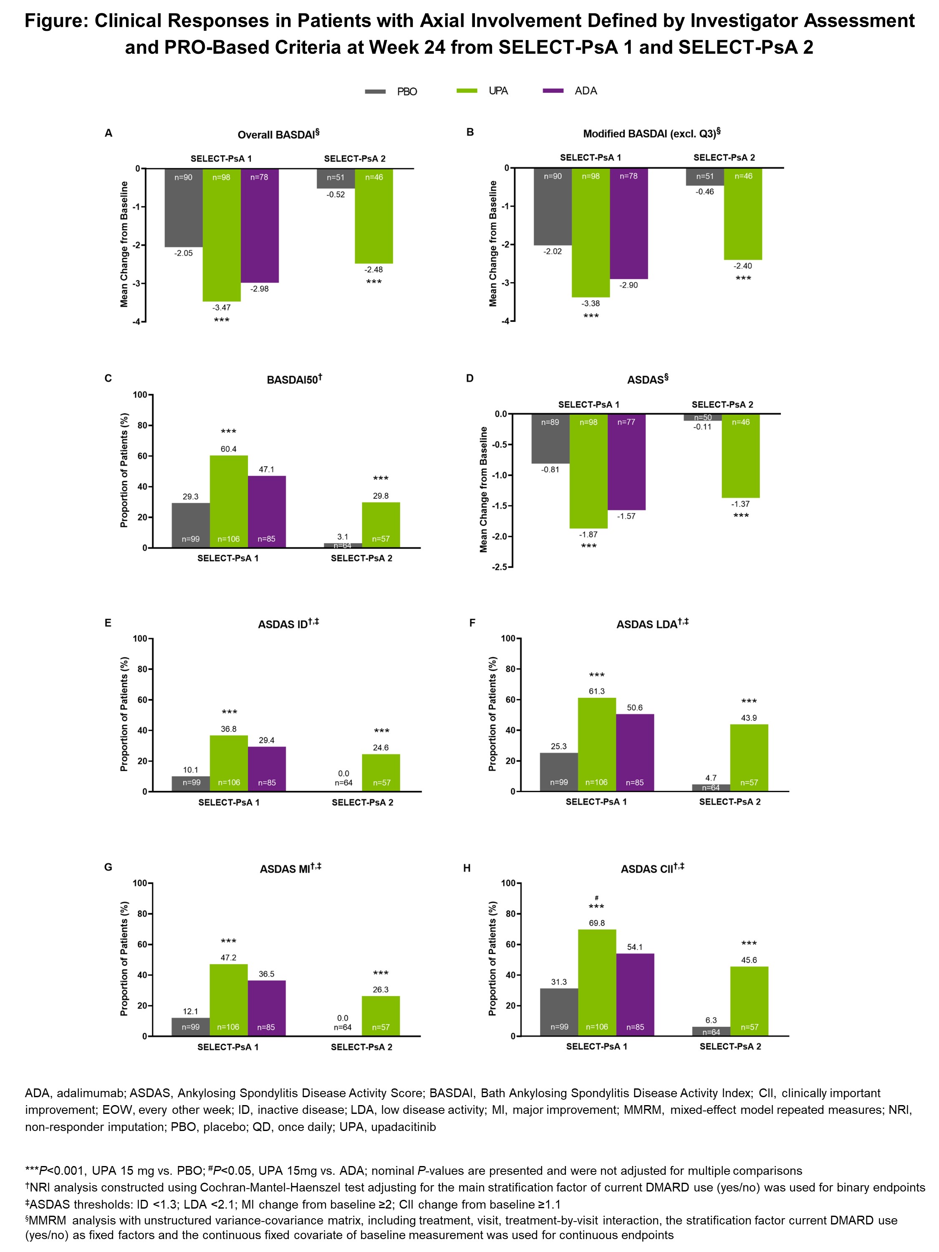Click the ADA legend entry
[585, 91]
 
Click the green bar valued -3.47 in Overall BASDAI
[221, 235]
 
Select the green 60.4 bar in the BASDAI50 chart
[229, 501]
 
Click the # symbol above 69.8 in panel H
[596, 897]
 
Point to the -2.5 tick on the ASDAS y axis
[501, 567]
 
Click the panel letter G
[108, 867]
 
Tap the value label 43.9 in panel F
[749, 718]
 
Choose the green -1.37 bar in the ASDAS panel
[740, 456]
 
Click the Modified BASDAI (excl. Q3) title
[651, 134]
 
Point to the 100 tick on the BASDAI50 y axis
[139, 394]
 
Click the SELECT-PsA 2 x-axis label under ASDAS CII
[730, 1047]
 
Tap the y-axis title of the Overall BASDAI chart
[124, 244]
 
